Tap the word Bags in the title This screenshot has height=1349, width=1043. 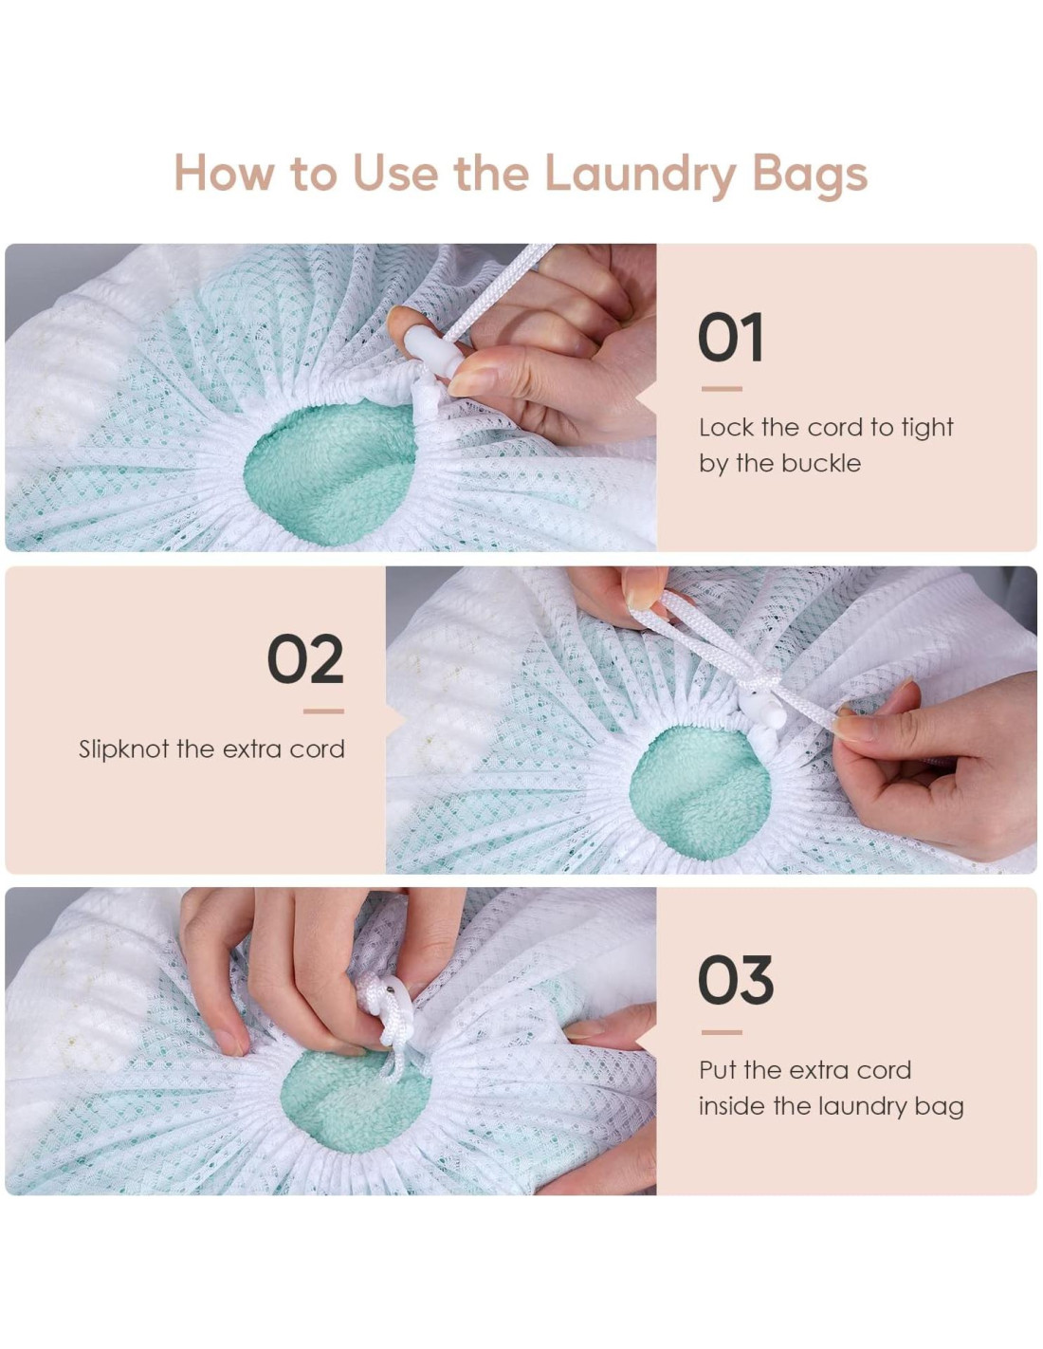tap(810, 176)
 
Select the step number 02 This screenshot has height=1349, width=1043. tap(305, 658)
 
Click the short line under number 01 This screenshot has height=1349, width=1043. tap(722, 389)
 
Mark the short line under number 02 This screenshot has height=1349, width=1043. tap(323, 711)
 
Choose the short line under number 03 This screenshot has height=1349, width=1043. tap(722, 1032)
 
